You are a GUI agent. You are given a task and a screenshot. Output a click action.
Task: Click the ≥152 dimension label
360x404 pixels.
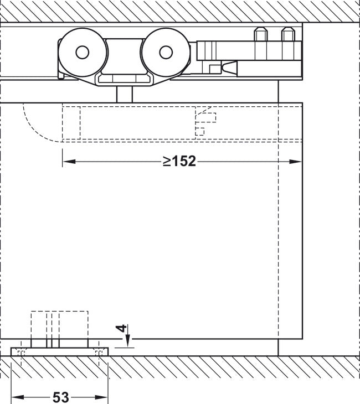coord(179,161)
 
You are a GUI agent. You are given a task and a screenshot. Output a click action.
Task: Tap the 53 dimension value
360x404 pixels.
coord(61,397)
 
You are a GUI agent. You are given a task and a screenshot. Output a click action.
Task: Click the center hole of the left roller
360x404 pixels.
coord(83,53)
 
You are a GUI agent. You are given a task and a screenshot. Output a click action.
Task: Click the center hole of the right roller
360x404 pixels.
coord(166,53)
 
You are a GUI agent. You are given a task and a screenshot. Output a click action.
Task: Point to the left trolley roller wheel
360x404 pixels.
coord(83,53)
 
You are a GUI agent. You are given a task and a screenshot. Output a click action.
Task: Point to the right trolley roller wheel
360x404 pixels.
coord(166,53)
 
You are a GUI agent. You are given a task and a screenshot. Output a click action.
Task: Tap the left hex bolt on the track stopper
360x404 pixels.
coord(261,34)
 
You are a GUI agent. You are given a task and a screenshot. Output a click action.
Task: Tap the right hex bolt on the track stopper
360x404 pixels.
coord(288,34)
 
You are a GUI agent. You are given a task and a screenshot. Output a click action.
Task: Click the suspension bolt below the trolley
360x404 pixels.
coord(125,94)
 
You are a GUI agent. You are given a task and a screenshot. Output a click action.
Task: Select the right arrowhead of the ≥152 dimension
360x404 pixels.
coord(295,162)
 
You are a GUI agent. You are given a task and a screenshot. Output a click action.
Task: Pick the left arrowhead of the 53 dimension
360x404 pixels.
coord(18,397)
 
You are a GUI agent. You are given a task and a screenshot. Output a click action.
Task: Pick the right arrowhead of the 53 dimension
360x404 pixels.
coord(101,397)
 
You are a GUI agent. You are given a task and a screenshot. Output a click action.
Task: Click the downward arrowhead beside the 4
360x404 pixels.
coord(128,341)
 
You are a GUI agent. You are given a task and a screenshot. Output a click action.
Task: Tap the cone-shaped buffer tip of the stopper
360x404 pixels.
coord(229,68)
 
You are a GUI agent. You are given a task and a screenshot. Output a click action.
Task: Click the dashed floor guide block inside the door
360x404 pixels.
coord(60,325)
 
